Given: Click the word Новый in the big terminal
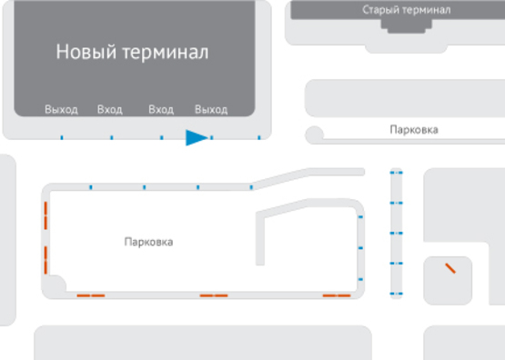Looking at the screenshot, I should coord(86,52).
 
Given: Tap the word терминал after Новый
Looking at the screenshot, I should coord(164,52).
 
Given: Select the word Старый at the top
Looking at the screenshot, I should coord(381,10).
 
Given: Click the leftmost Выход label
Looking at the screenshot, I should coord(61,110).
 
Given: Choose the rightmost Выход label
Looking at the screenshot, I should coord(211,110).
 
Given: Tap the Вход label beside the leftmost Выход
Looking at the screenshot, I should coord(109,110).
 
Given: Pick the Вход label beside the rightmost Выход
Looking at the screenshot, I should coord(161,110).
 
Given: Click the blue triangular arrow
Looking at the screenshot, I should coord(196,137).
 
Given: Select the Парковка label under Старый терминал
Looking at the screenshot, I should coord(413,130).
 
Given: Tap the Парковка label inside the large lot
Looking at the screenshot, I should coord(148,243).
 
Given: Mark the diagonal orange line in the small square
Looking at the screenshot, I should coord(449,268).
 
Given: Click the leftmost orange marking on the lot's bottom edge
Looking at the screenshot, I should coord(90,295).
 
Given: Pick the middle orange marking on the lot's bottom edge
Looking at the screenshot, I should coord(214,295).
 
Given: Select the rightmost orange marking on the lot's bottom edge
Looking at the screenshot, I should coord(337,295).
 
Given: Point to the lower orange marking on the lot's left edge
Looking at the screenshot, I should coord(45,259).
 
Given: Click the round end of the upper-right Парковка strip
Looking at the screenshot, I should coord(315,135).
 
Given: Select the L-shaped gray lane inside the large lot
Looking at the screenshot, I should coord(264,236).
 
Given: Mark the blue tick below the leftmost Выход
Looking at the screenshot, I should coord(62,138).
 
